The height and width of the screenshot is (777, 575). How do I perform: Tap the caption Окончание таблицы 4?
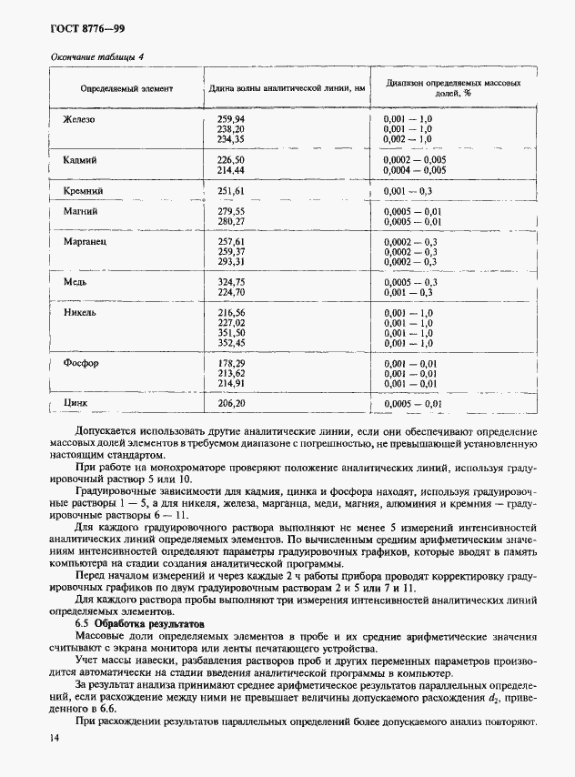click(x=90, y=57)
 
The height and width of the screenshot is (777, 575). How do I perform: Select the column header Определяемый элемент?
click(x=126, y=88)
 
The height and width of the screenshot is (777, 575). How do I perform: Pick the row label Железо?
click(x=79, y=119)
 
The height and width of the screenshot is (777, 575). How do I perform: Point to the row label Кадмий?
click(x=79, y=159)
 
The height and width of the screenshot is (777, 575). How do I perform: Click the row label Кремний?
click(x=82, y=191)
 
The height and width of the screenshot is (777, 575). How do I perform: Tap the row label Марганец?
click(x=85, y=243)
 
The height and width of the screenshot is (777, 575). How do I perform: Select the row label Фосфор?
click(x=80, y=363)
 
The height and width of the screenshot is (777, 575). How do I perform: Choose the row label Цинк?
click(x=75, y=402)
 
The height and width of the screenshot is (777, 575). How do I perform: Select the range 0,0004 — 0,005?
click(x=414, y=170)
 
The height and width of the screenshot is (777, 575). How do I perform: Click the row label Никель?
click(x=80, y=312)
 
